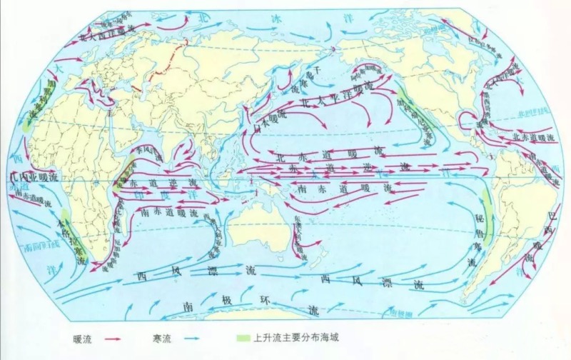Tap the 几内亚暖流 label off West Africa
(31, 174)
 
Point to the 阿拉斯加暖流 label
(368, 70)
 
